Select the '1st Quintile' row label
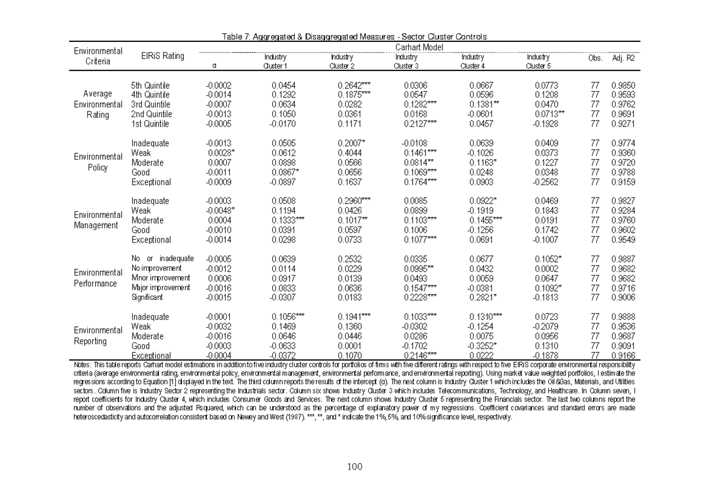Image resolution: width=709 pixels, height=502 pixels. click(150, 124)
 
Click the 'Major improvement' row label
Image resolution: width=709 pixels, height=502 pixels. click(161, 287)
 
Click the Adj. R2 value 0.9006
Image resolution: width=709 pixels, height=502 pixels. click(623, 297)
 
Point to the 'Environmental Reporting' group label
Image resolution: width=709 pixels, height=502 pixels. click(97, 336)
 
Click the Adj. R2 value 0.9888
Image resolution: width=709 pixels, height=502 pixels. click(623, 317)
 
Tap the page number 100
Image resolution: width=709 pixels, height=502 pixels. click(354, 467)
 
